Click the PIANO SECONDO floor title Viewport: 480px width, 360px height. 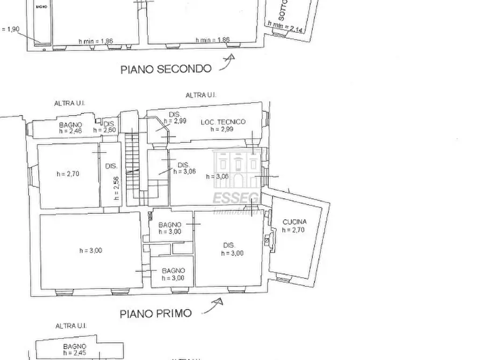[x=166, y=69]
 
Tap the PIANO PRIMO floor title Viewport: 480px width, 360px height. [x=155, y=313]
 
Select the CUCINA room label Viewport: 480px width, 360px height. [x=295, y=222]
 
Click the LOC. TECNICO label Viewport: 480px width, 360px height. [x=223, y=122]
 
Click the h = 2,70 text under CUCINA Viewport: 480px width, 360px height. [x=295, y=230]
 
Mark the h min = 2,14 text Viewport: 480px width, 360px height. [x=286, y=27]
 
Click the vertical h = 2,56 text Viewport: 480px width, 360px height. [x=115, y=188]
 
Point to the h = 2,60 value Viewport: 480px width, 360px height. [x=105, y=129]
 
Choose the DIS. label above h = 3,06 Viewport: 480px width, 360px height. [x=183, y=165]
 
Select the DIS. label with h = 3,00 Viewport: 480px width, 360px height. [x=229, y=246]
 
